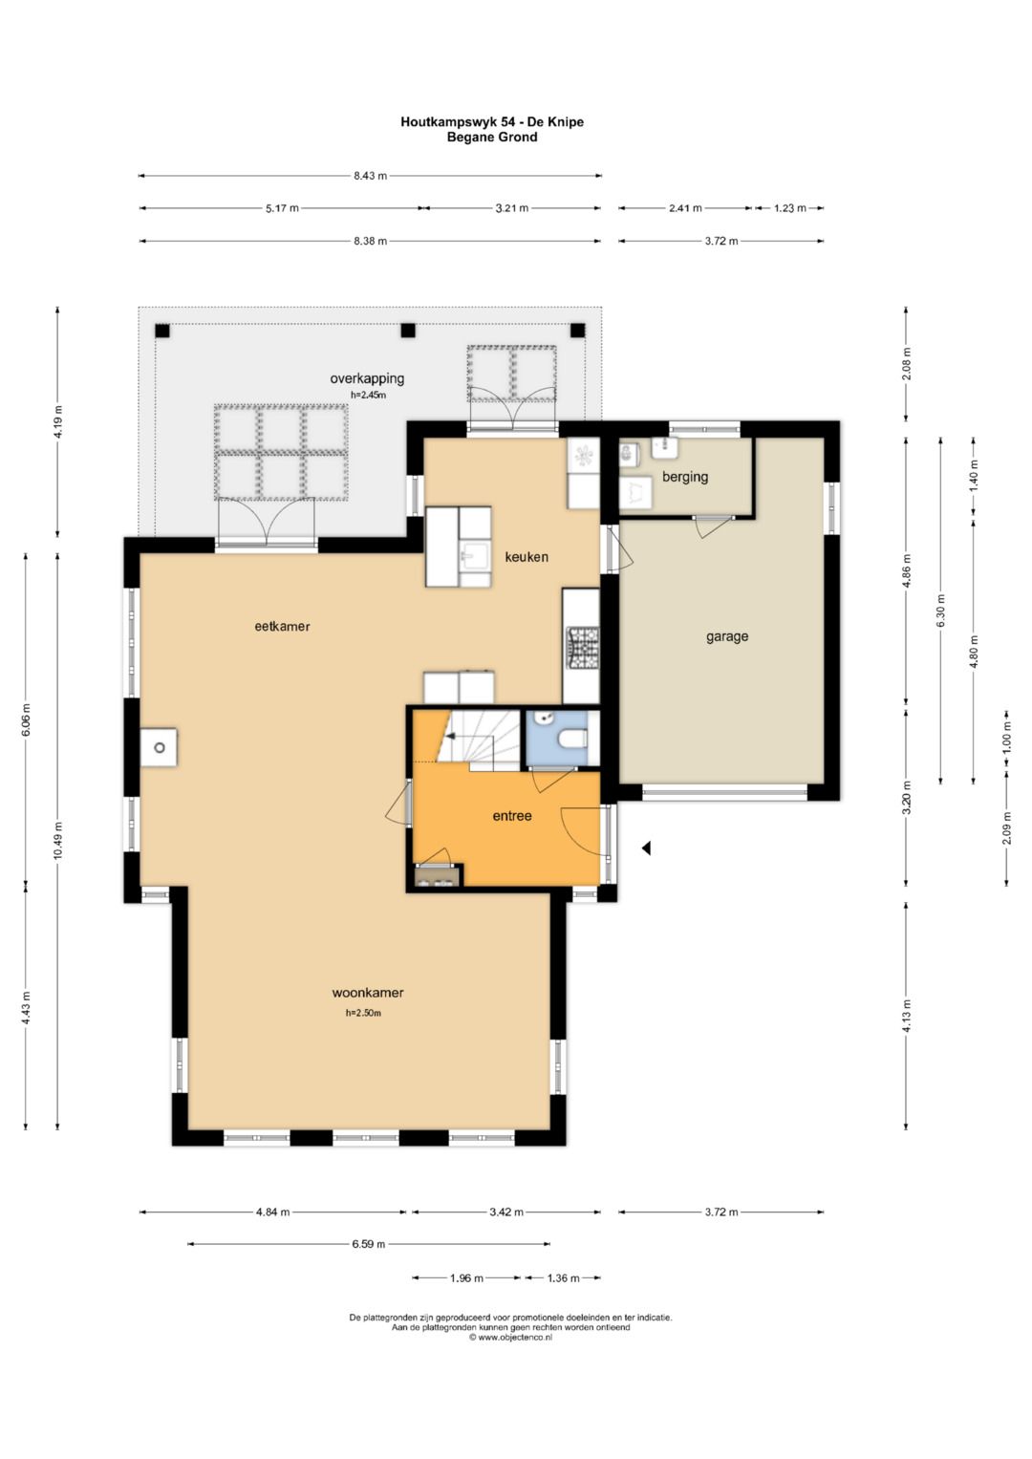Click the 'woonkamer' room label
point(368,993)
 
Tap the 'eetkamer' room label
point(282,626)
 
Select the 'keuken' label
point(527,557)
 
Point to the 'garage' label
point(727,637)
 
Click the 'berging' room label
point(685,477)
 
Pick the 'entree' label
point(512,815)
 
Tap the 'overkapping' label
point(367,378)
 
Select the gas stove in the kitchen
point(581,648)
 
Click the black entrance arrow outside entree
point(646,848)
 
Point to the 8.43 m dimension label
point(370,175)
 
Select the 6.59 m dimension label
point(369,1244)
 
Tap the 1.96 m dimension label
point(466,1277)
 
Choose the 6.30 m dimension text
point(940,611)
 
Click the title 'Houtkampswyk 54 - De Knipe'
point(492,121)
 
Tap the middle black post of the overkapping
point(407,331)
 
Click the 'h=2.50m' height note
point(363,1013)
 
